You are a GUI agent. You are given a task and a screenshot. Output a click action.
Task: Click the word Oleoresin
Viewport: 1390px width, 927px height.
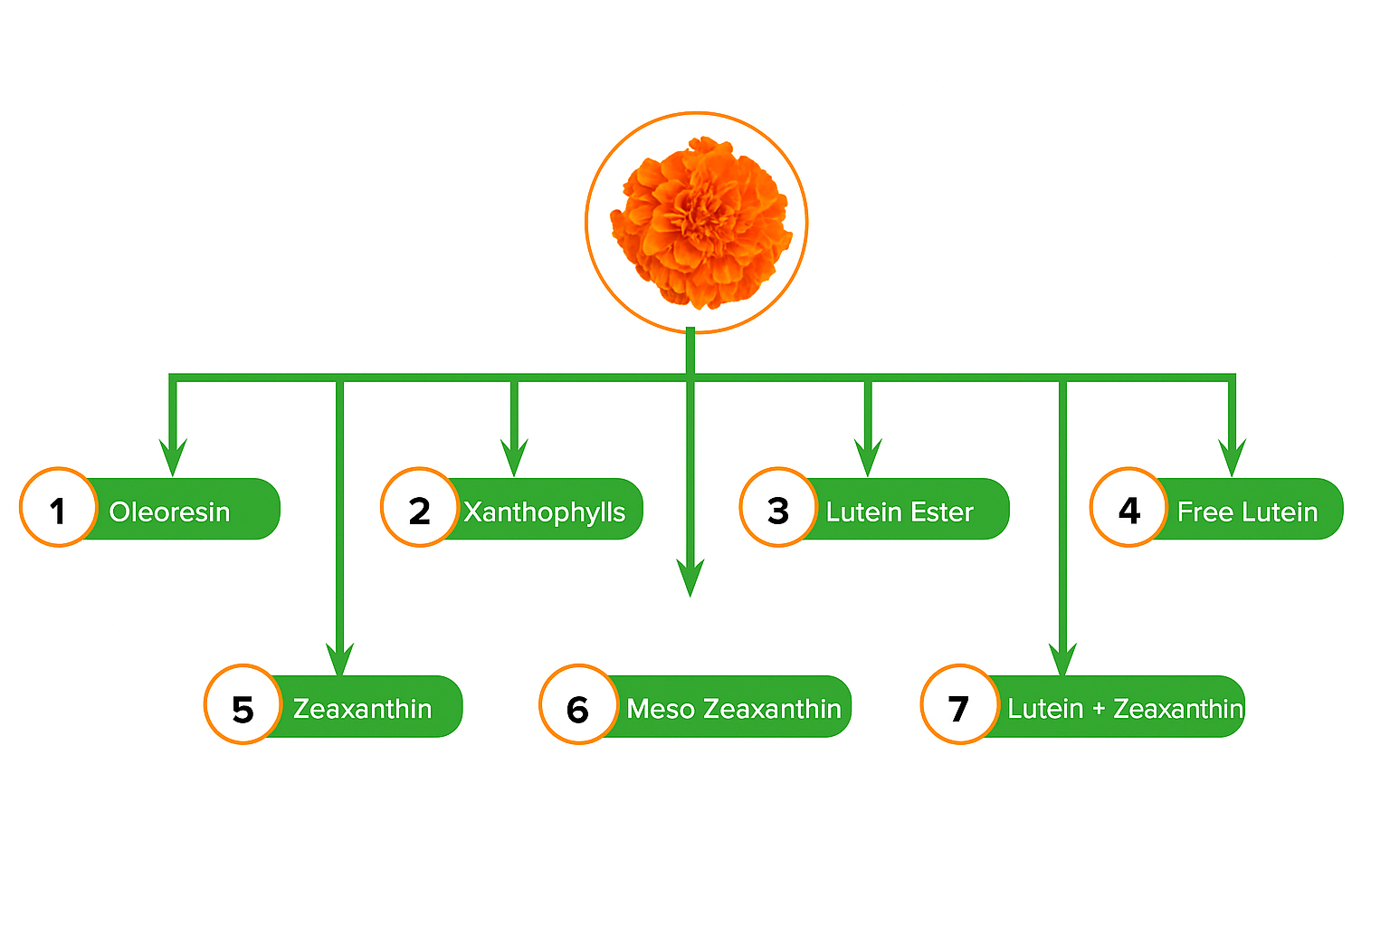click(169, 512)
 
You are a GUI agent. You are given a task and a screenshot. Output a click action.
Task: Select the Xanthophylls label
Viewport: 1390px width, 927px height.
click(544, 512)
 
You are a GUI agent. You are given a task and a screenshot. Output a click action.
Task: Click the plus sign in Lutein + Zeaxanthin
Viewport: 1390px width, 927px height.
click(1098, 709)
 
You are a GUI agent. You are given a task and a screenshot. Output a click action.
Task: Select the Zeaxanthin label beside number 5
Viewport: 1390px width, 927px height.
click(362, 709)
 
